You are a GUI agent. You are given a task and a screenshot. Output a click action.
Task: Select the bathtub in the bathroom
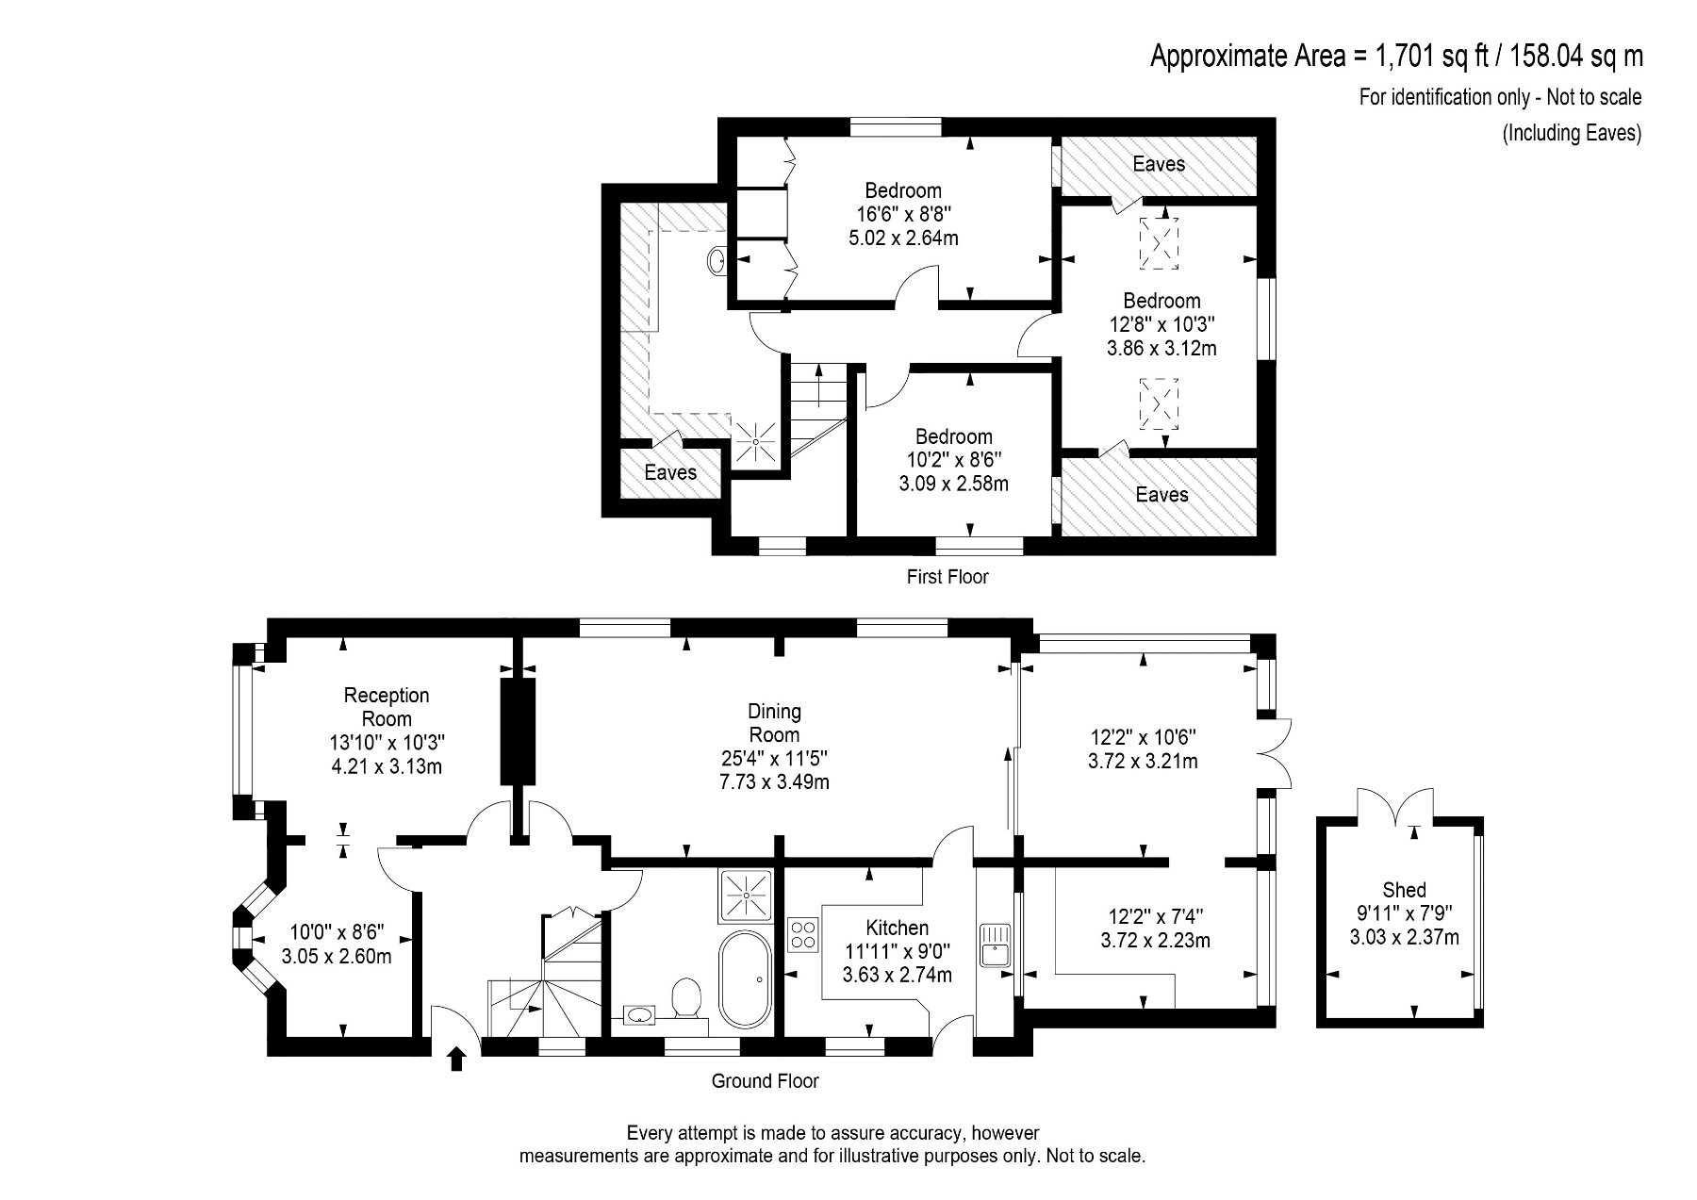pos(745,980)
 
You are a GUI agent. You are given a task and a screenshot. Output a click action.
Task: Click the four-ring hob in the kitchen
pos(803,935)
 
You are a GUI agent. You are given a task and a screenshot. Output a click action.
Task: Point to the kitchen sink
pos(995,946)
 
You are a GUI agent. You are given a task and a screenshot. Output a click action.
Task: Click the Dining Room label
pos(774,723)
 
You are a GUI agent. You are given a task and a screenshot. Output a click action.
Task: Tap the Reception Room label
pos(387,707)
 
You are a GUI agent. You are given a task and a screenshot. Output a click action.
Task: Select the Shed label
pos(1404,889)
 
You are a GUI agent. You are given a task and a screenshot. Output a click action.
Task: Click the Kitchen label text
pos(898,928)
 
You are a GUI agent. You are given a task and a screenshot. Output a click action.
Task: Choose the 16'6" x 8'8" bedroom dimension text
pos(903,214)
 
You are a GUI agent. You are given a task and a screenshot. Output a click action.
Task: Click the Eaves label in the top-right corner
pos(1159,164)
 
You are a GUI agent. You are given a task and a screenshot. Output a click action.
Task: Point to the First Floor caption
pos(947,576)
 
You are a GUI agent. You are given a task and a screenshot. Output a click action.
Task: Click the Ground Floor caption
pos(765,1081)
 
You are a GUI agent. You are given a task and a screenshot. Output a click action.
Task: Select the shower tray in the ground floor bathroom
pos(746,896)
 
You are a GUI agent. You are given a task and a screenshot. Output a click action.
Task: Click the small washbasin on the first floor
pos(717,260)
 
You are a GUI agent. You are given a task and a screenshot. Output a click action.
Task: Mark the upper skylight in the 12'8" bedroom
pos(1159,241)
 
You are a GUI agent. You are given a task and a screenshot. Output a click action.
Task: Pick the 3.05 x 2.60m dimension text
pos(337,956)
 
